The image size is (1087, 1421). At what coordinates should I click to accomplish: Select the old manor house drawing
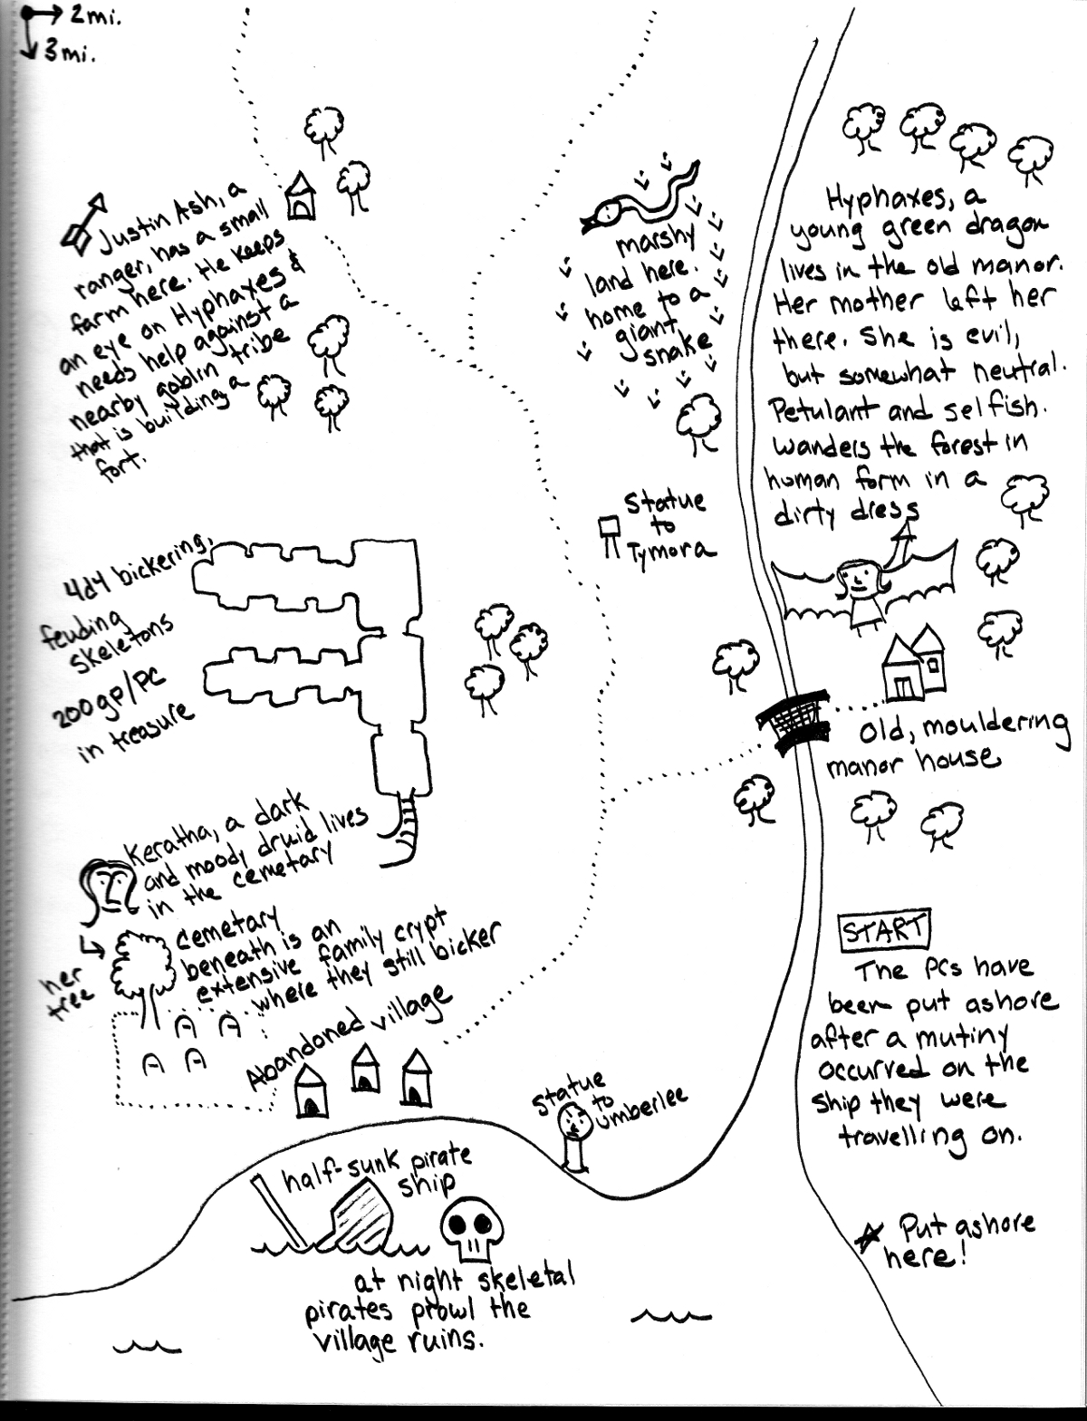click(x=913, y=666)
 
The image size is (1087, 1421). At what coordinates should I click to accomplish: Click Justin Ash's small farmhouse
click(x=300, y=197)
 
